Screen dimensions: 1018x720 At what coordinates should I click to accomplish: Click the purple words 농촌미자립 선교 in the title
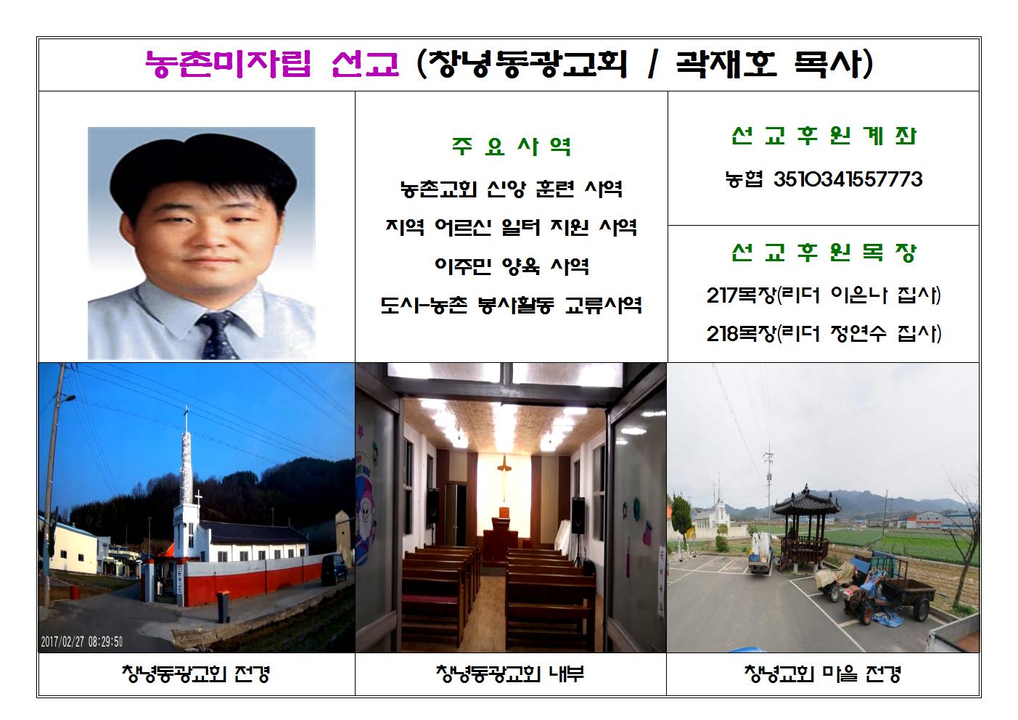[272, 64]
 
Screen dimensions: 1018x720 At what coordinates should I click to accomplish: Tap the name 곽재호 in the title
[726, 63]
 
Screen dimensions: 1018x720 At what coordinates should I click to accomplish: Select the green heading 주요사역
[512, 147]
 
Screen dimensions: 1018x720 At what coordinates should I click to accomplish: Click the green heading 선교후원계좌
[824, 136]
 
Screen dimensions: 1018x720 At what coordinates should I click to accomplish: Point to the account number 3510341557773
[848, 179]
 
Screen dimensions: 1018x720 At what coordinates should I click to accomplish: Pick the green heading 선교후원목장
[824, 253]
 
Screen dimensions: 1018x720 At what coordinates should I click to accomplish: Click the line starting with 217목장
[824, 295]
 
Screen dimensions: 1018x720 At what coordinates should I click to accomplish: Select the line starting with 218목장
[824, 334]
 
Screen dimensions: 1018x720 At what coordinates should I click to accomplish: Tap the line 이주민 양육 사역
[512, 266]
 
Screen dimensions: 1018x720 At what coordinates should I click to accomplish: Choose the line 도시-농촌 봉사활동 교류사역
[512, 305]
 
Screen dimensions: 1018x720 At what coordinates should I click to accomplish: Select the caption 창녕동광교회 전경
[196, 674]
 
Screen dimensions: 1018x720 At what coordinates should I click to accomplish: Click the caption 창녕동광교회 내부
[510, 674]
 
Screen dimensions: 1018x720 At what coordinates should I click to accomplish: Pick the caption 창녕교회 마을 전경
[823, 674]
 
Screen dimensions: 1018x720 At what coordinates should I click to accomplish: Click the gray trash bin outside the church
[223, 606]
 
